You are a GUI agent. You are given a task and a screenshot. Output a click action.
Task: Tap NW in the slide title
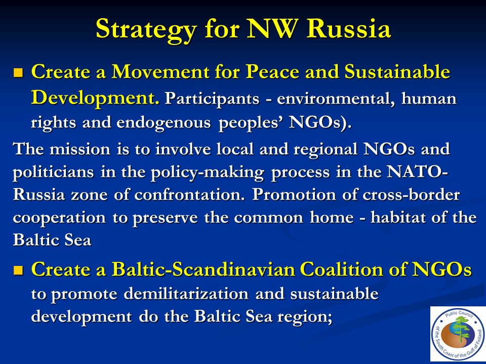(x=271, y=28)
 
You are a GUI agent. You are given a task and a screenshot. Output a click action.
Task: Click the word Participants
(x=212, y=99)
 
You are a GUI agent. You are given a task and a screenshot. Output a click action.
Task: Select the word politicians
(x=53, y=172)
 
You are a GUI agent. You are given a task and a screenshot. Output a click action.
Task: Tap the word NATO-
(x=417, y=172)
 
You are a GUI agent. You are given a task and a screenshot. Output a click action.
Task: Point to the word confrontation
(x=189, y=195)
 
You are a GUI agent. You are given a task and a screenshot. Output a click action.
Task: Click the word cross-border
(x=411, y=195)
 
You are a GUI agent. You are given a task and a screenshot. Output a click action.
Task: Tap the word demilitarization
(x=186, y=293)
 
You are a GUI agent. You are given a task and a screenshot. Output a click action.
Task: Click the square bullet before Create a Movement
(x=18, y=73)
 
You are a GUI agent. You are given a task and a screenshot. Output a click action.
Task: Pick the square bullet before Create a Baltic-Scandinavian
(x=18, y=270)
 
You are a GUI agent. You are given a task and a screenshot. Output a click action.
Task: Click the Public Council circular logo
(x=458, y=334)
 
